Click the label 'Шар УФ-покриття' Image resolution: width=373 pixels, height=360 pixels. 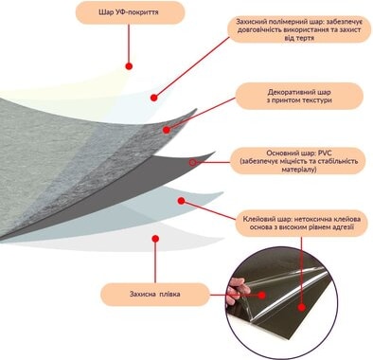[x=129, y=12]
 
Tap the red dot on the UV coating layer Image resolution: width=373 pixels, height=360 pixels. [x=129, y=66]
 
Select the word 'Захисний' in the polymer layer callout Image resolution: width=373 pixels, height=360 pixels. [x=251, y=22]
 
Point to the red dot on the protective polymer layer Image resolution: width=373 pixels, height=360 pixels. [x=154, y=98]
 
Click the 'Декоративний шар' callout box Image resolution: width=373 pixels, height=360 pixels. [x=299, y=97]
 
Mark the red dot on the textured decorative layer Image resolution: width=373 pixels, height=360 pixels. [x=167, y=130]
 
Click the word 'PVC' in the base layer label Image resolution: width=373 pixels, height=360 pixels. [x=325, y=153]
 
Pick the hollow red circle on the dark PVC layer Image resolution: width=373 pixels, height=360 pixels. [x=193, y=163]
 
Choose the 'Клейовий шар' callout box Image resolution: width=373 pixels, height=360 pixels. [x=302, y=223]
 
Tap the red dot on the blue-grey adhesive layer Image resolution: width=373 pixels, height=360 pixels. [x=181, y=201]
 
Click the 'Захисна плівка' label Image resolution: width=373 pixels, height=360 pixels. [x=155, y=294]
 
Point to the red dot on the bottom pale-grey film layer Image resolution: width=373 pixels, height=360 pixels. [x=155, y=239]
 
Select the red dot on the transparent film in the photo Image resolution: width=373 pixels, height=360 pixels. [x=261, y=296]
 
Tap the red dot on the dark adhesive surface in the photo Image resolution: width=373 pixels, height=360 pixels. [x=302, y=307]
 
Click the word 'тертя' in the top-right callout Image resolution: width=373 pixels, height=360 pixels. [x=304, y=38]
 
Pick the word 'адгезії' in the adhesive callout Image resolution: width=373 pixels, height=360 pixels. [x=342, y=227]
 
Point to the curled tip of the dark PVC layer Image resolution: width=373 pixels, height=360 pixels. [x=215, y=153]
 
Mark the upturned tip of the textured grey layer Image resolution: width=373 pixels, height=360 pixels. [x=196, y=110]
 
